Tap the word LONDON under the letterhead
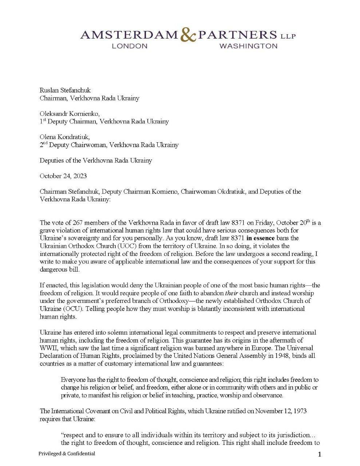point(130,46)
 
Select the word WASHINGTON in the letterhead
point(249,46)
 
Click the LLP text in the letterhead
point(288,36)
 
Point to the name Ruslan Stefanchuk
point(65,90)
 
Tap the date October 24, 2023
point(63,176)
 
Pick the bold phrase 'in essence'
point(260,238)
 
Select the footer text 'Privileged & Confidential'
point(67,454)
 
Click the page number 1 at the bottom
point(319,454)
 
